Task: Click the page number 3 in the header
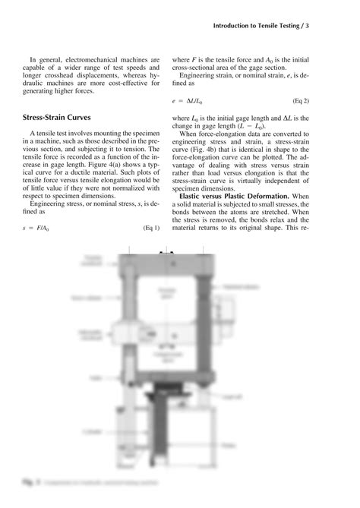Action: pyautogui.click(x=330, y=26)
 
